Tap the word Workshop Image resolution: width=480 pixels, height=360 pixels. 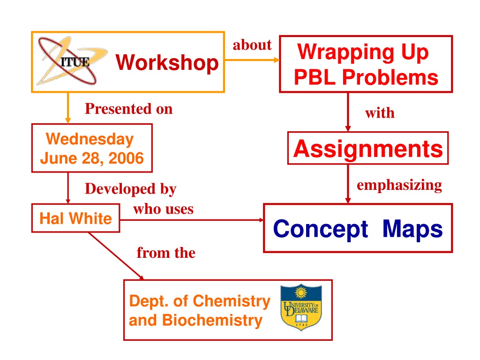pos(167,62)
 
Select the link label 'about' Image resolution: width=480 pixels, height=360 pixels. pos(252,45)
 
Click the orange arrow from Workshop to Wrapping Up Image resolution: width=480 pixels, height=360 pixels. pos(252,60)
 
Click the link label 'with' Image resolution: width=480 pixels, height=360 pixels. pos(380,112)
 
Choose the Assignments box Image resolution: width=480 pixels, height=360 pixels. pos(368,148)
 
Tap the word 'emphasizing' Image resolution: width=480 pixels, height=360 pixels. pos(399,185)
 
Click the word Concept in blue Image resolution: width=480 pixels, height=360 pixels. pos(321,229)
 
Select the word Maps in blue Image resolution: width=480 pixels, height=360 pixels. pos(412,228)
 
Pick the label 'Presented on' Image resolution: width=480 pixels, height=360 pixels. pos(128,109)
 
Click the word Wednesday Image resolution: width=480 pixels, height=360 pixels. pos(90,139)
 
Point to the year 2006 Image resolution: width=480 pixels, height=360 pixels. pos(126,158)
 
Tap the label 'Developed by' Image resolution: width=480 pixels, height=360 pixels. pos(131,189)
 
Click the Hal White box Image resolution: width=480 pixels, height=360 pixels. pos(75,218)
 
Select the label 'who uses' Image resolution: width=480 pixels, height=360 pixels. pos(163,209)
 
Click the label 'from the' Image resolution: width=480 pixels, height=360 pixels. pos(166,253)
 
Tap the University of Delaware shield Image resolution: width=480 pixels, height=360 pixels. pos(301,307)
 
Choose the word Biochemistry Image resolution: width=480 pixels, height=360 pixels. pos(212,320)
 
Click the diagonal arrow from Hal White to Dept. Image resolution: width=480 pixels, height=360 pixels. pos(116,256)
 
